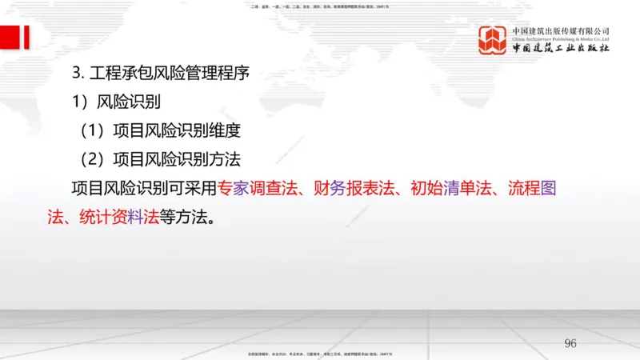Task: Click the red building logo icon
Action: pos(492,41)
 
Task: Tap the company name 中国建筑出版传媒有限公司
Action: pos(561,30)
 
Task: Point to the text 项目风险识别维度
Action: pos(177,130)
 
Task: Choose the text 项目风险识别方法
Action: pos(177,158)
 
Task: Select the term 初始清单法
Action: pos(456,188)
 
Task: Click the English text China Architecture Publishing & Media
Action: pos(561,38)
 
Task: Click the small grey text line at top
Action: pos(320,6)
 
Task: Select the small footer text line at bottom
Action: pos(320,353)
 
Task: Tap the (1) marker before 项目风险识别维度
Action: pos(92,130)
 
